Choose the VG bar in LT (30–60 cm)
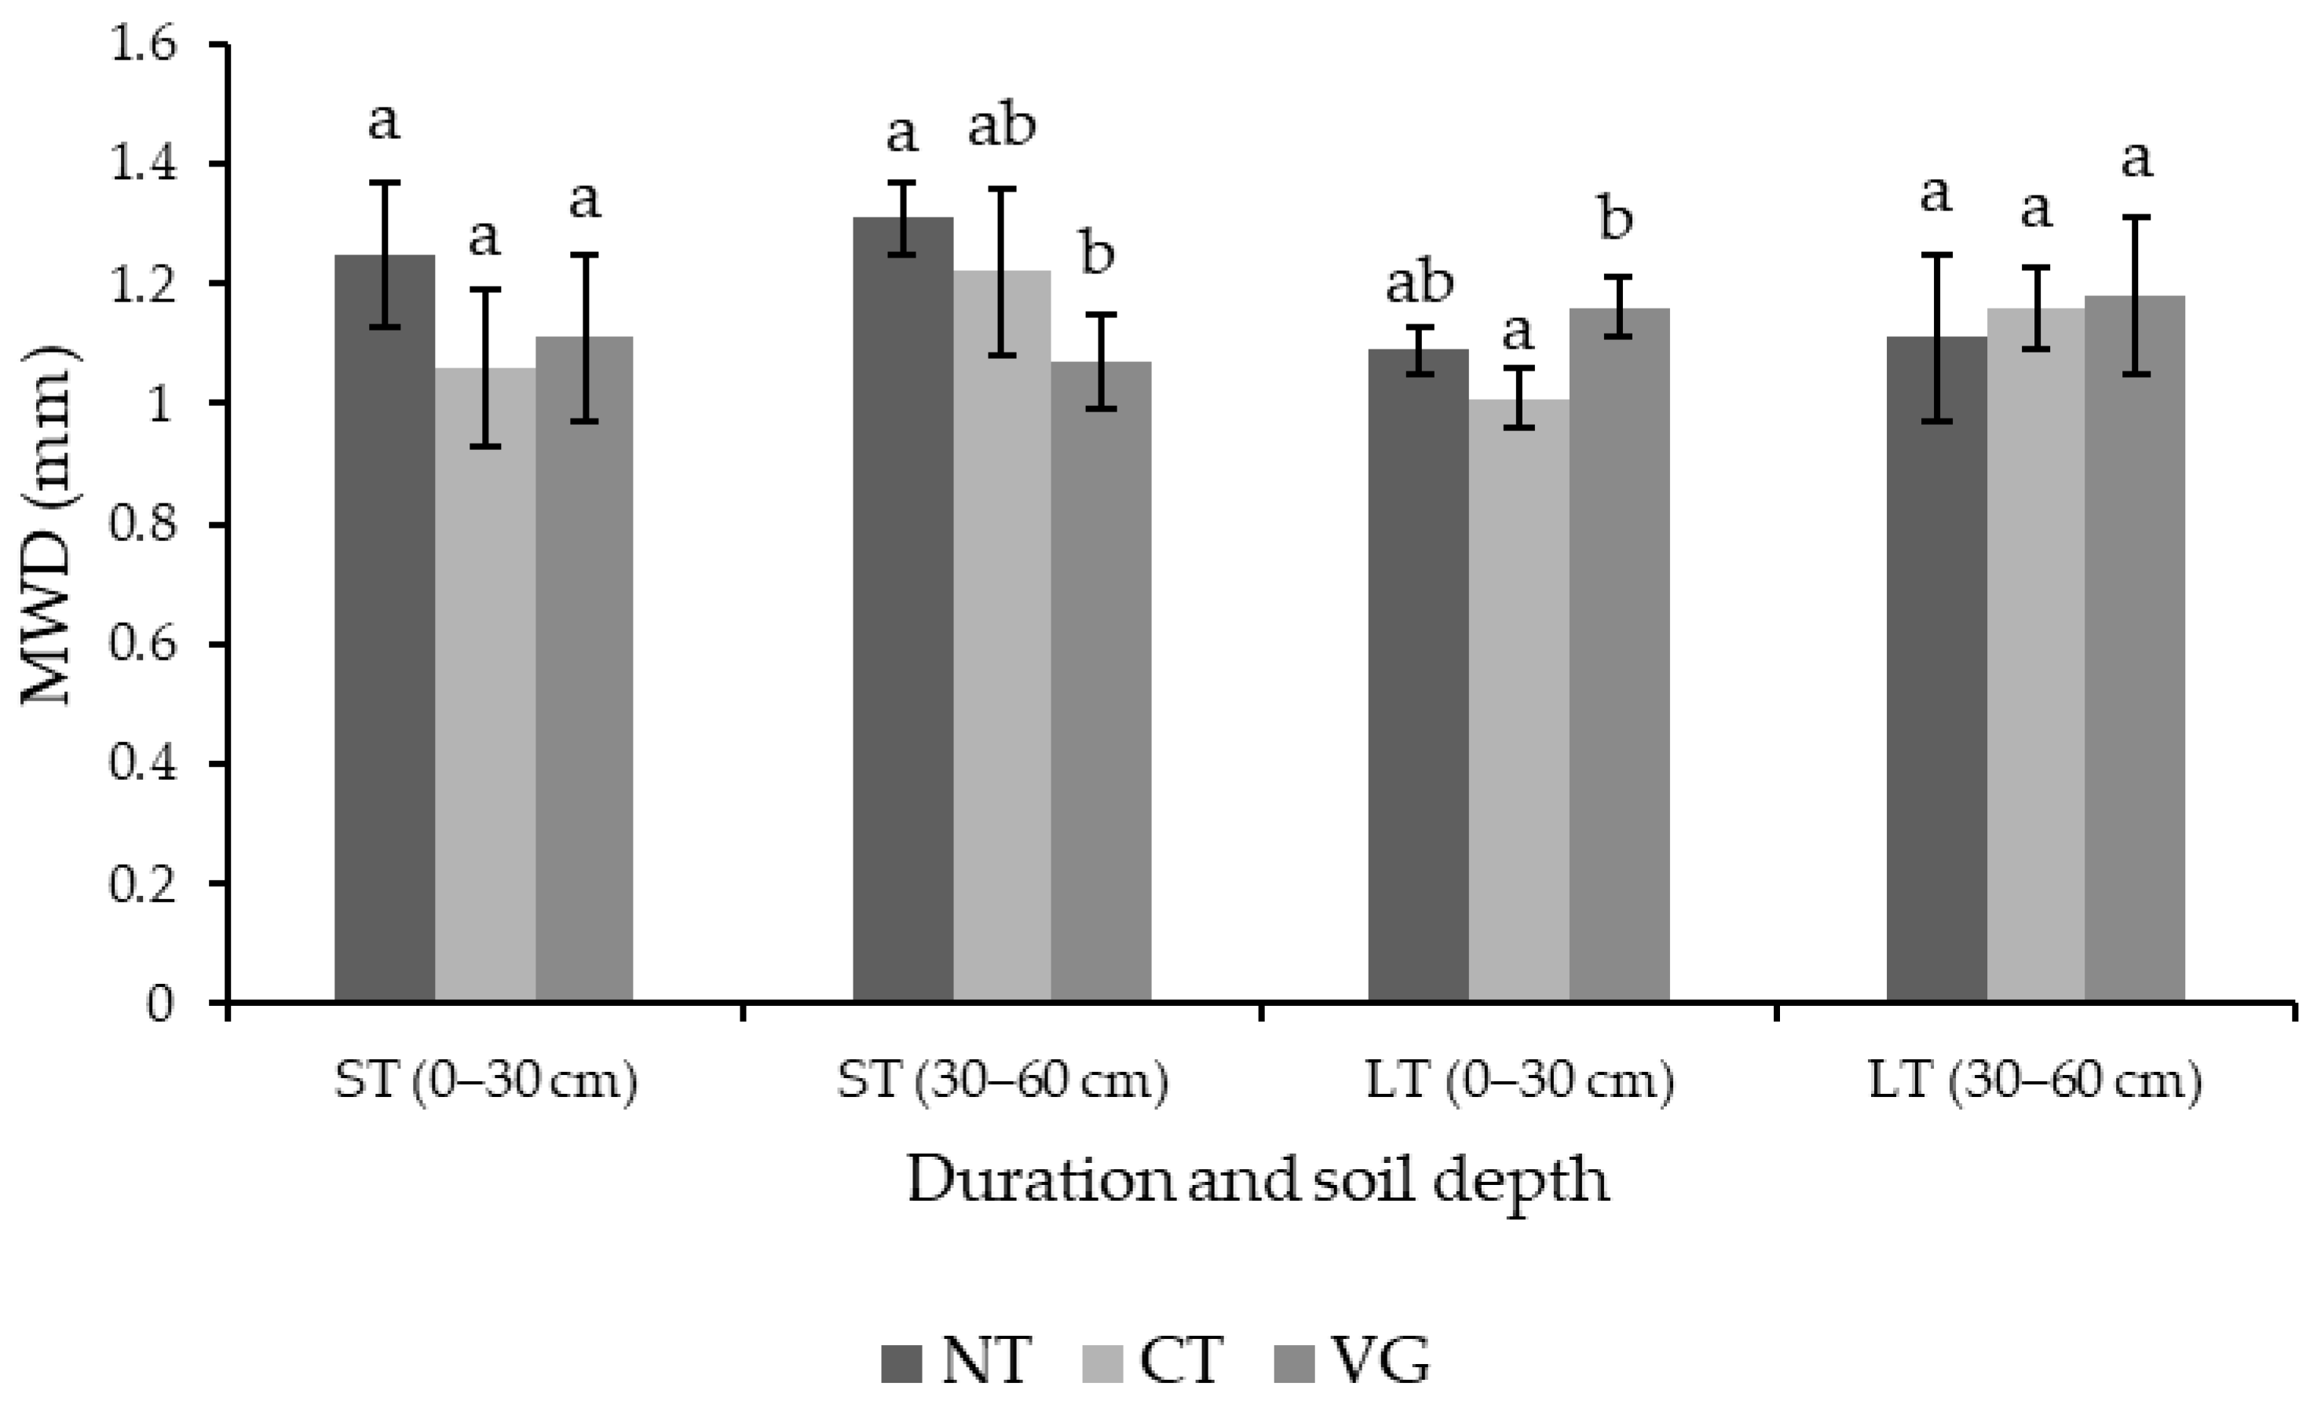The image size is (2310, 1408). tap(2135, 656)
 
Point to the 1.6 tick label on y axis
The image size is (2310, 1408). tap(142, 45)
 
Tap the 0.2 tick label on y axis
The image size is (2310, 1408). tap(142, 884)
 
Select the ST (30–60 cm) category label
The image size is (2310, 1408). tap(1002, 1081)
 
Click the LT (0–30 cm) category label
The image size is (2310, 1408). tap(1519, 1081)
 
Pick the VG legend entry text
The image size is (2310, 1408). tap(1380, 1360)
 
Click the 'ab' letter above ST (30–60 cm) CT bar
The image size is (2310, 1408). tap(1001, 126)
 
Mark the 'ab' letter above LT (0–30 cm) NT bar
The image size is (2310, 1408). tap(1420, 283)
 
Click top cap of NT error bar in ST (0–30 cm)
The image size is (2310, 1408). tap(385, 182)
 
